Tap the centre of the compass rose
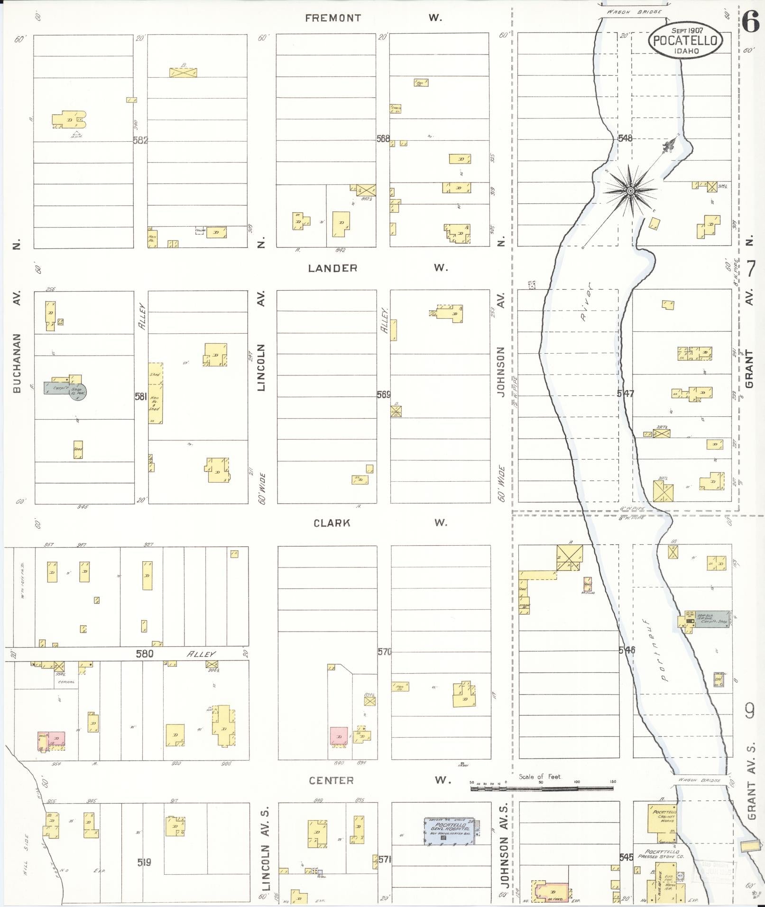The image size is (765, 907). [630, 191]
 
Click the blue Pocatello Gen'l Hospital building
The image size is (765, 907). [449, 831]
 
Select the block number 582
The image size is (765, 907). [141, 140]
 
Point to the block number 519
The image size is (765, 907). [144, 862]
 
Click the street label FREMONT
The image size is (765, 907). [333, 18]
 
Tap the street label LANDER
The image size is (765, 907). [332, 268]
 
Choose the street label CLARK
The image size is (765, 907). [332, 522]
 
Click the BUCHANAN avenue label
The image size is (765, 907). [18, 363]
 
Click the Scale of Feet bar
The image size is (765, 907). [541, 788]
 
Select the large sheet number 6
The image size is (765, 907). [751, 21]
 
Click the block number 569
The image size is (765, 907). [384, 394]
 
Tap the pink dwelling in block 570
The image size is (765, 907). [339, 736]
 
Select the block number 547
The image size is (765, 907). [625, 394]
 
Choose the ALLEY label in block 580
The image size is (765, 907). [202, 653]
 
